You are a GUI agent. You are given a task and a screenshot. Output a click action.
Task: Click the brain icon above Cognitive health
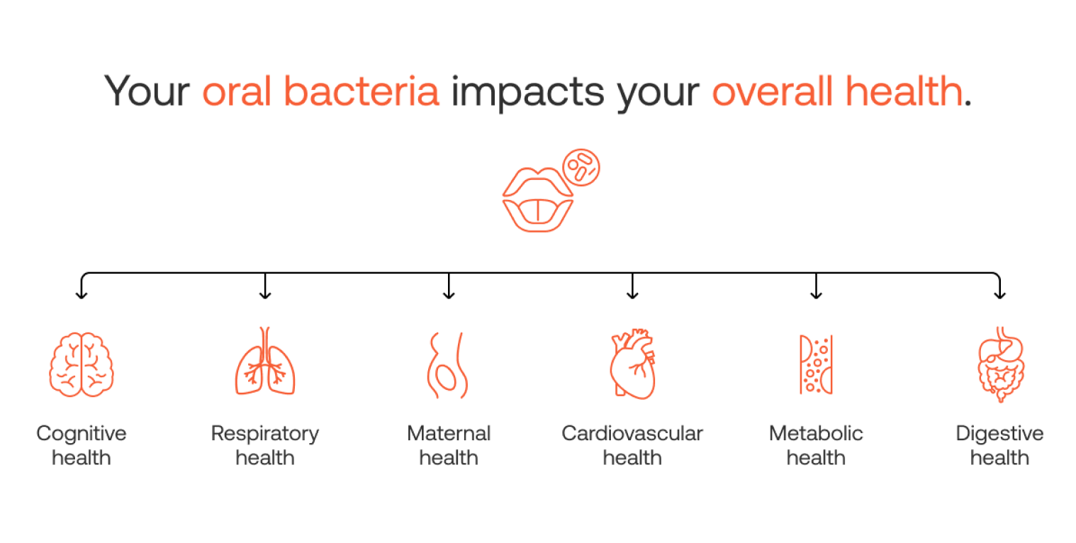pyautogui.click(x=82, y=365)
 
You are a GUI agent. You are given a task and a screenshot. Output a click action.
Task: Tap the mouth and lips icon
pyautogui.click(x=537, y=200)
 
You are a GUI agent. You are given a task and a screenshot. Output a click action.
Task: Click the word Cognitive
pyautogui.click(x=82, y=433)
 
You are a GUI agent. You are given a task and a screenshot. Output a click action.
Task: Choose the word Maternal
pyautogui.click(x=449, y=433)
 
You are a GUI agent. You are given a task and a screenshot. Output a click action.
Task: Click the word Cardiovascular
pyautogui.click(x=632, y=433)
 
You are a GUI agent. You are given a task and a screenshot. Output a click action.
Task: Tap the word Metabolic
pyautogui.click(x=816, y=433)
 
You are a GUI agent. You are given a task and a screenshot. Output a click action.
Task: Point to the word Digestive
pyautogui.click(x=999, y=433)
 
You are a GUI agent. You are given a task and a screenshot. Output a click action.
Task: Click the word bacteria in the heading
pyautogui.click(x=362, y=91)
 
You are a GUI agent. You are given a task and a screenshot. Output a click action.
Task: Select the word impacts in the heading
pyautogui.click(x=528, y=94)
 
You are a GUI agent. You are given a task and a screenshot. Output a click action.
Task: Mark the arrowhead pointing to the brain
pyautogui.click(x=82, y=295)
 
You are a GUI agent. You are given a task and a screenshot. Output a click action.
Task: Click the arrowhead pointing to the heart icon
pyautogui.click(x=633, y=295)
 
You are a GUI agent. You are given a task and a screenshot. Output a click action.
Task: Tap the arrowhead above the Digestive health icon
pyautogui.click(x=1000, y=295)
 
